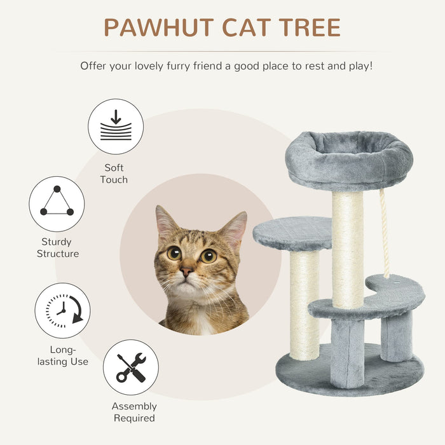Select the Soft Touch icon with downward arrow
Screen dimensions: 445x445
116,127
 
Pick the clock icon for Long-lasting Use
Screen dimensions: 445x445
62,311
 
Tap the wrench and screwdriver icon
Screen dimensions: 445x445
131,367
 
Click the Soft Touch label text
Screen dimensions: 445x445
114,174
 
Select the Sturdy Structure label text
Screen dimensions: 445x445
57,248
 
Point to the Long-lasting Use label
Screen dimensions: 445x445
62,355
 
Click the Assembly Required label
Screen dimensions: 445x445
134,412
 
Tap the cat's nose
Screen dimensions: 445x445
186,271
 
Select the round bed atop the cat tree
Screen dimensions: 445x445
348,159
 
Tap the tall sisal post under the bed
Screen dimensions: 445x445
347,248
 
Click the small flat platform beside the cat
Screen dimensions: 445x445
292,233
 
